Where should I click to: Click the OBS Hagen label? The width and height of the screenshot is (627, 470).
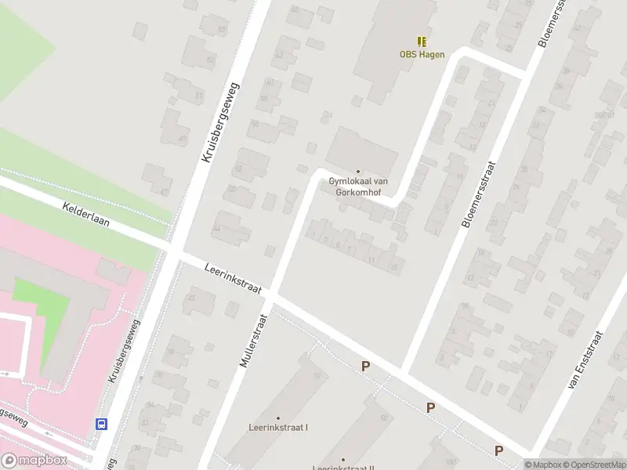422,55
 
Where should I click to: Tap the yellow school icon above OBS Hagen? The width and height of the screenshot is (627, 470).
422,42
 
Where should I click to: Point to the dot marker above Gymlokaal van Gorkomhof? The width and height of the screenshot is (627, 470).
359,172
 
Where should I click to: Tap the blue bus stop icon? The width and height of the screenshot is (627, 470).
101,424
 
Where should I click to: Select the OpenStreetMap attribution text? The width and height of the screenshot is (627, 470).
593,465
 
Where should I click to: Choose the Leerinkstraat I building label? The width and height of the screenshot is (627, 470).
277,428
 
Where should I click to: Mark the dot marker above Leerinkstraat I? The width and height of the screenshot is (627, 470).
277,418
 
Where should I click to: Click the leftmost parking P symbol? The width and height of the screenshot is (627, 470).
365,366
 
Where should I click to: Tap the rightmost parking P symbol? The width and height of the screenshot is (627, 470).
498,450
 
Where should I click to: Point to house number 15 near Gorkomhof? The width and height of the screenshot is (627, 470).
393,267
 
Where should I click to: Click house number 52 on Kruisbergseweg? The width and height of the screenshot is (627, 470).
237,168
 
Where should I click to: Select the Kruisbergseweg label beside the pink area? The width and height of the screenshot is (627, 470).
124,351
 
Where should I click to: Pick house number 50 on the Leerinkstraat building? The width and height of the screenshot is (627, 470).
383,418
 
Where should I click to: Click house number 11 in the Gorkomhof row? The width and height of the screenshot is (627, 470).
371,258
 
